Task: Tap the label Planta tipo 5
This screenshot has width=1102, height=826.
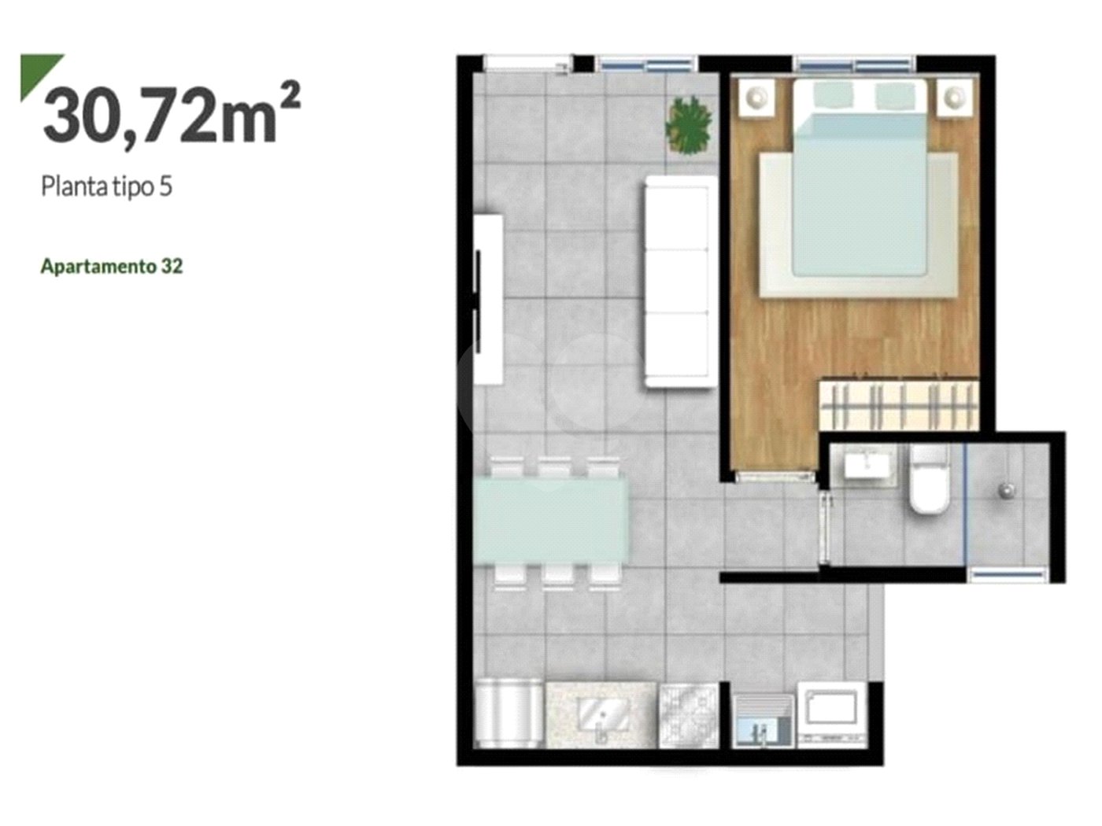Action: pos(106,187)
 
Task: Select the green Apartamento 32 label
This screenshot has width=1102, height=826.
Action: pos(112,267)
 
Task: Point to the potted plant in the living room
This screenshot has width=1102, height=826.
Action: pos(688,125)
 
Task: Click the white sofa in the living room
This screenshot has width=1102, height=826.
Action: pos(680,282)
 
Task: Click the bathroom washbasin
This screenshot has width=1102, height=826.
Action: pos(868,465)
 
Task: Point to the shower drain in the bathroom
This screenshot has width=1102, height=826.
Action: pos(1007,490)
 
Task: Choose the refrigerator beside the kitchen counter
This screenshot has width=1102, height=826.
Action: pos(508,714)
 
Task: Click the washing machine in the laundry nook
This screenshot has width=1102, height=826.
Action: pos(831,714)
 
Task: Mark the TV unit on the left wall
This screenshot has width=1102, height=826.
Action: pos(488,300)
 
